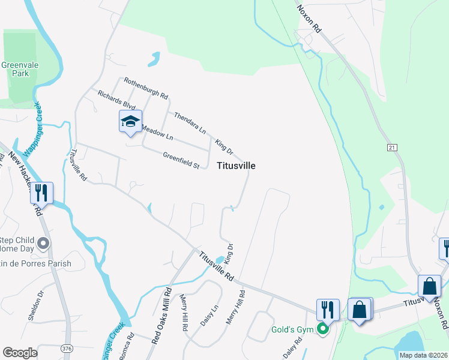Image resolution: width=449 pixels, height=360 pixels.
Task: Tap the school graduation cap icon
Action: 130,121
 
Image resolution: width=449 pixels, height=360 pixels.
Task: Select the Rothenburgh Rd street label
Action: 146,88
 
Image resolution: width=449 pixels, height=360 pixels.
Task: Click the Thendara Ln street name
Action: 190,122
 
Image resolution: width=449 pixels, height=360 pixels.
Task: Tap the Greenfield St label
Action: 181,159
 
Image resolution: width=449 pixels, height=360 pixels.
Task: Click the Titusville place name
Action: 236,166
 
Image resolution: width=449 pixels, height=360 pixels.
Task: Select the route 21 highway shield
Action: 393,147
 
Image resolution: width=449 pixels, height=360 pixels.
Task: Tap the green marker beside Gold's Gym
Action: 324,328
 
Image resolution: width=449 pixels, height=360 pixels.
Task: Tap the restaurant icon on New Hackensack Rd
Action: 41,193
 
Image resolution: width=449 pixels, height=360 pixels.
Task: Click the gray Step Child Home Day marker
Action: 43,244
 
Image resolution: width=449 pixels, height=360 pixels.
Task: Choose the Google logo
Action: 20,352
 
